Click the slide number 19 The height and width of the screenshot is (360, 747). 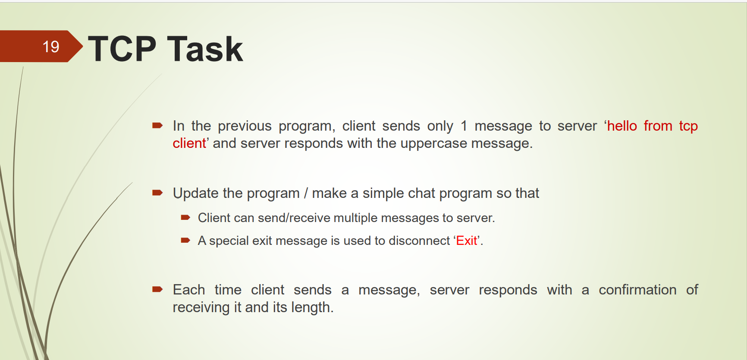tap(51, 47)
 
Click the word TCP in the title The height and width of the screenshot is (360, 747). tap(122, 49)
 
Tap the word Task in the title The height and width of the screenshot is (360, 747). tap(205, 49)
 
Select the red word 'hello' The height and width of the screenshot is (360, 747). tap(622, 126)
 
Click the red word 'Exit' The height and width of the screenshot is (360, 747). tap(467, 241)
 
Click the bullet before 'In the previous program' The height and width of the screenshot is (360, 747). tap(157, 126)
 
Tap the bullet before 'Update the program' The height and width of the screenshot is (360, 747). tap(157, 193)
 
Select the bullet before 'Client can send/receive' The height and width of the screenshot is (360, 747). tap(185, 217)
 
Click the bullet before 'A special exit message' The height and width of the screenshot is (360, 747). tap(185, 240)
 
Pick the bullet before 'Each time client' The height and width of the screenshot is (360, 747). tap(157, 289)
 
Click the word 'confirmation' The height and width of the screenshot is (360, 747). tap(637, 290)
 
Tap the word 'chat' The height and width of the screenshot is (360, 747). tap(422, 193)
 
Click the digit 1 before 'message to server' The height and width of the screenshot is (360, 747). tap(464, 126)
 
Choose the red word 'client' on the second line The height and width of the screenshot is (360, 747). tap(189, 143)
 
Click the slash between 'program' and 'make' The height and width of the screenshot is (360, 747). tap(306, 193)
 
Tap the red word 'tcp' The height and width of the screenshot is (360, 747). tap(688, 126)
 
